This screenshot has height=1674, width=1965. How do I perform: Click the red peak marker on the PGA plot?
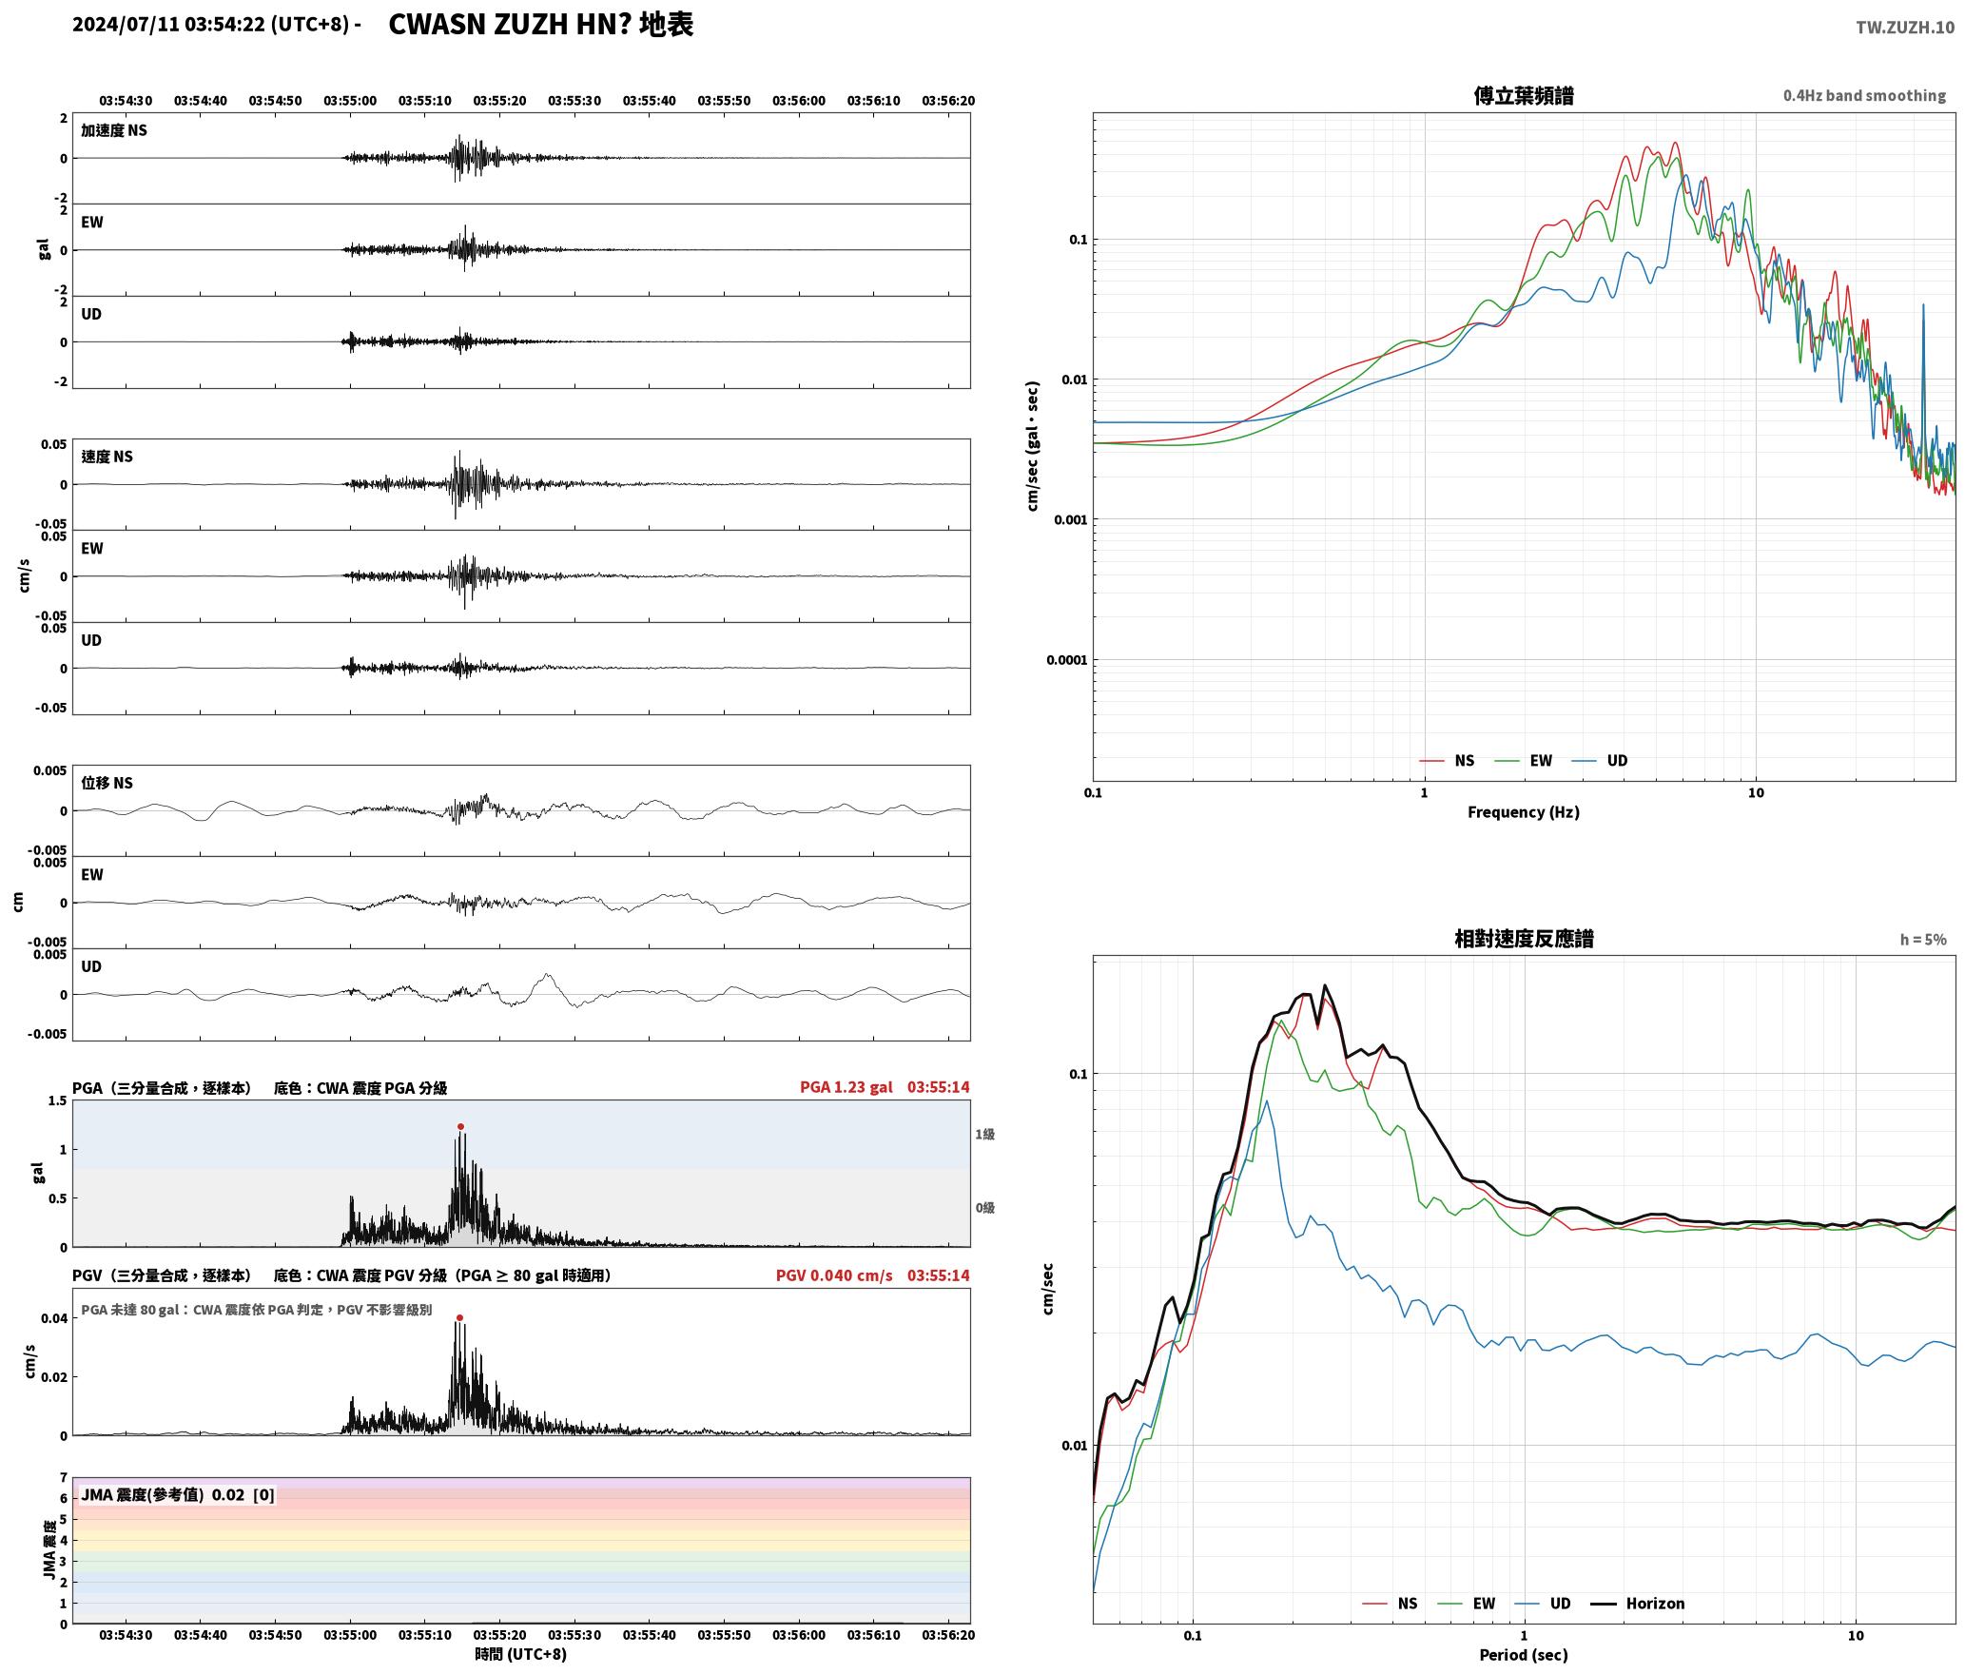pyautogui.click(x=460, y=1126)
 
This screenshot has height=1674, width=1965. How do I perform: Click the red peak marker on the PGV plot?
pyautogui.click(x=459, y=1317)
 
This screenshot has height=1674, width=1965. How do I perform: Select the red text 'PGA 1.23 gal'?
pyautogui.click(x=846, y=1087)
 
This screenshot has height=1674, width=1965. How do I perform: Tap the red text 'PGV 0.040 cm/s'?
pyautogui.click(x=834, y=1275)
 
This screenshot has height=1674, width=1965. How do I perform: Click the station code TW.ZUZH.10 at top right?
pyautogui.click(x=1905, y=28)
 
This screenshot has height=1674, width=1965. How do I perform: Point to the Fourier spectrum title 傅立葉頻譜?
pyautogui.click(x=1523, y=95)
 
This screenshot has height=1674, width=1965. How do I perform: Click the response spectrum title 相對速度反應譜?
pyautogui.click(x=1523, y=939)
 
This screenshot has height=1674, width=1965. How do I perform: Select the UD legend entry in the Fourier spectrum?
pyautogui.click(x=1599, y=760)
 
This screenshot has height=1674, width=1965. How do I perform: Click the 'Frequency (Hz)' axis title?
pyautogui.click(x=1523, y=811)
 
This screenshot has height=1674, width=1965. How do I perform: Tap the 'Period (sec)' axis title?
pyautogui.click(x=1523, y=1655)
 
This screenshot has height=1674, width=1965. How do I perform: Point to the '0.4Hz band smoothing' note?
pyautogui.click(x=1864, y=95)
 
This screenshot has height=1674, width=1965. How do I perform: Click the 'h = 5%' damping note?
pyautogui.click(x=1923, y=940)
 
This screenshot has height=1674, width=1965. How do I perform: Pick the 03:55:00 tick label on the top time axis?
pyautogui.click(x=350, y=101)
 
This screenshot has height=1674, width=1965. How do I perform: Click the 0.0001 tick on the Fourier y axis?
pyautogui.click(x=1065, y=660)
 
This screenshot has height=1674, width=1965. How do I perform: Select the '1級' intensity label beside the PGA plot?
pyautogui.click(x=984, y=1134)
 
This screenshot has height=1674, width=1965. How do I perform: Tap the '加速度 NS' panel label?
pyautogui.click(x=114, y=130)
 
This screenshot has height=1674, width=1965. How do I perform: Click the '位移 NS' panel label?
pyautogui.click(x=107, y=783)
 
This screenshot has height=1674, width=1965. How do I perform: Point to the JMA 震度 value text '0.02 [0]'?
pyautogui.click(x=243, y=1494)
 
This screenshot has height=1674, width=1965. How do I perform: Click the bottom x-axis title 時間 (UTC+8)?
pyautogui.click(x=521, y=1654)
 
